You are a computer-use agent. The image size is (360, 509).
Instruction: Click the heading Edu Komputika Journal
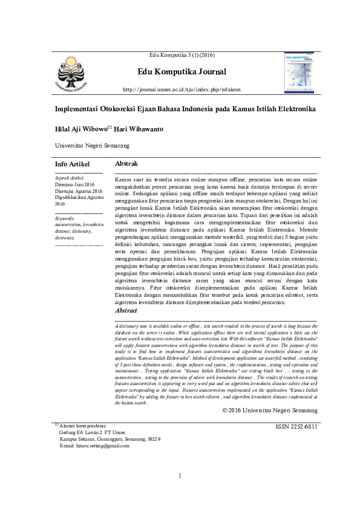click(182, 73)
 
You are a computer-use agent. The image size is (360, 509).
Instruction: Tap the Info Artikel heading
click(72, 164)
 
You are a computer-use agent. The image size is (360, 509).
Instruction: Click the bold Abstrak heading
click(126, 164)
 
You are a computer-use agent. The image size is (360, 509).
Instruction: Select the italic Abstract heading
click(126, 311)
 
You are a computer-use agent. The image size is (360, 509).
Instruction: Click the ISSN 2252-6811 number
click(296, 427)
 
